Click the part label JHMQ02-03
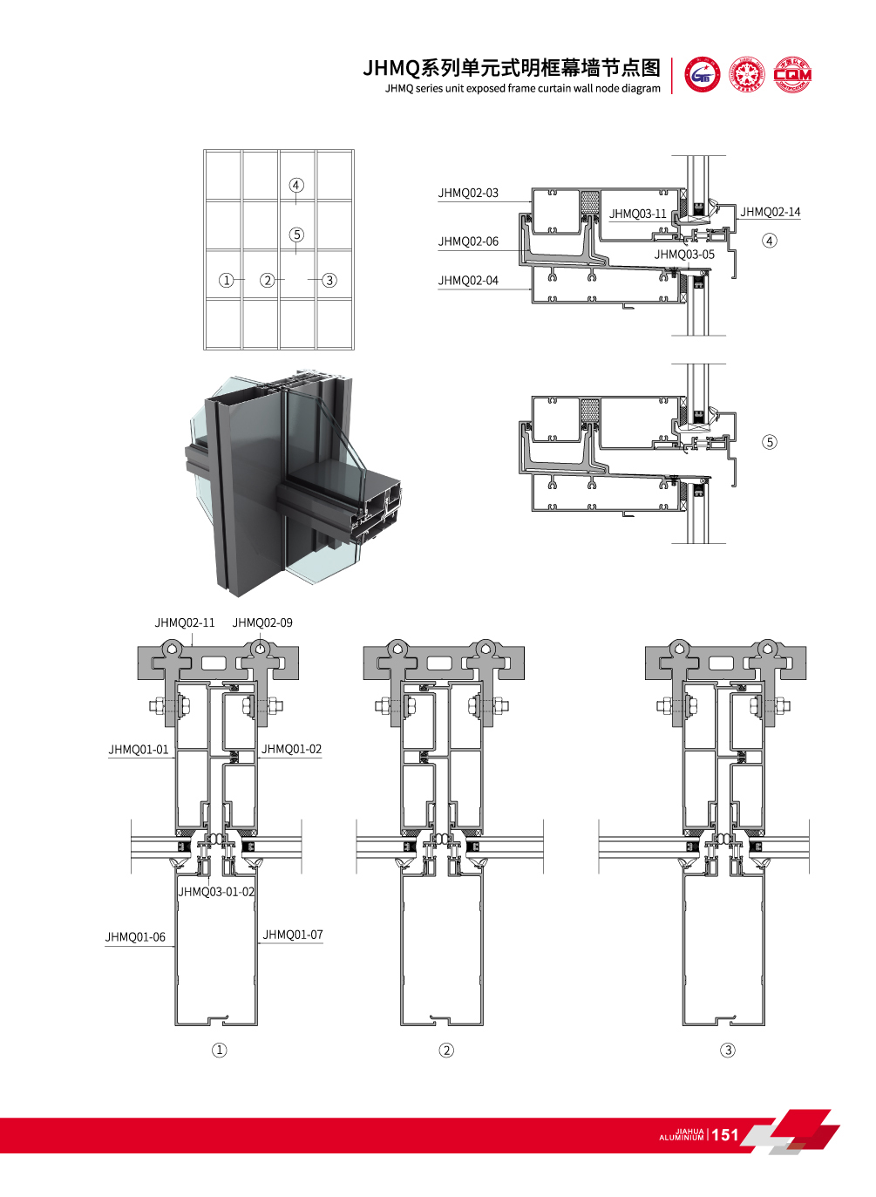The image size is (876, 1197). [x=468, y=193]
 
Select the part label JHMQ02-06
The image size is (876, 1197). [x=468, y=241]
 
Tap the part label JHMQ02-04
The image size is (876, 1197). [x=468, y=281]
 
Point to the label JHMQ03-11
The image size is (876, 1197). [x=637, y=214]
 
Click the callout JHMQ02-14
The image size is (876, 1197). [x=770, y=212]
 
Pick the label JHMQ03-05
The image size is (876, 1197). [x=684, y=255]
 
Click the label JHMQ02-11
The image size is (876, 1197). [x=184, y=622]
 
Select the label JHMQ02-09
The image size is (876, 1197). [x=262, y=622]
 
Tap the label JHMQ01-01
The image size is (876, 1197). [x=139, y=750]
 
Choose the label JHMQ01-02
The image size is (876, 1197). [x=291, y=749]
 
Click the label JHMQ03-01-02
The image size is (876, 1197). [x=216, y=892]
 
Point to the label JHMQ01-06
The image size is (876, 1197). [x=135, y=937]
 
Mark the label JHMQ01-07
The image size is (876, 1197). [x=293, y=935]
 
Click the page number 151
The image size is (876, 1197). [x=725, y=1135]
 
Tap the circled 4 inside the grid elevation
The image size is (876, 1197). [x=296, y=185]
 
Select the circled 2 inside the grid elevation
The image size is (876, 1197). [x=268, y=280]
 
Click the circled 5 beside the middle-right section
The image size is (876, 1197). [x=769, y=442]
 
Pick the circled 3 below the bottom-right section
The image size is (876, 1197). [x=728, y=1051]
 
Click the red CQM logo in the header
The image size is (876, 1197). [x=792, y=75]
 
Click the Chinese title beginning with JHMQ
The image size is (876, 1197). [x=512, y=68]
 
